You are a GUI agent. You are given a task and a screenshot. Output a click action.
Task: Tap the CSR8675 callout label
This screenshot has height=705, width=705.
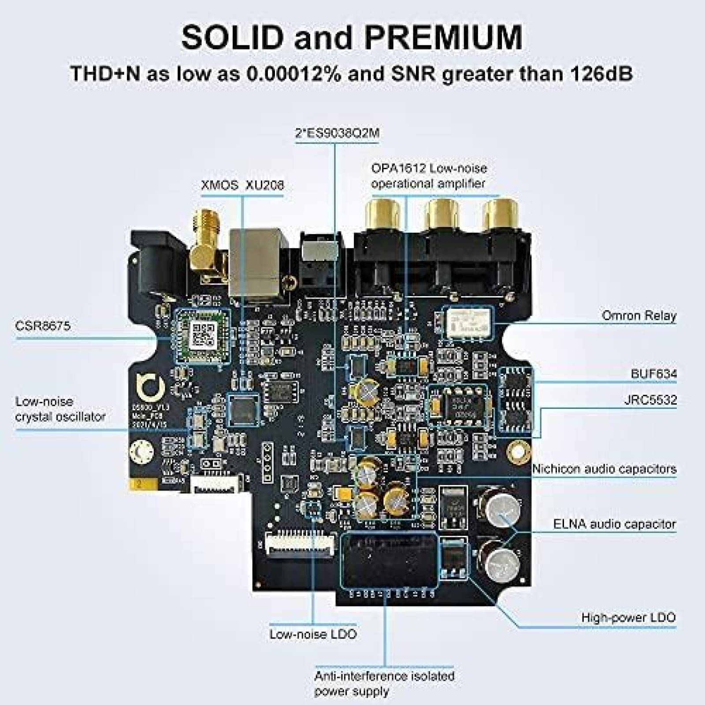(x=43, y=326)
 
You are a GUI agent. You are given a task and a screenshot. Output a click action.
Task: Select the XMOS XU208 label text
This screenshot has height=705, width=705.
(x=242, y=185)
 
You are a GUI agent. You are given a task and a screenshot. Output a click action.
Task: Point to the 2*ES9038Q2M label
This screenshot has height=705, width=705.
(x=337, y=133)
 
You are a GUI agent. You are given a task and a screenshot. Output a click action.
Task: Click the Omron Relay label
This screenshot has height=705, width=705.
(x=638, y=315)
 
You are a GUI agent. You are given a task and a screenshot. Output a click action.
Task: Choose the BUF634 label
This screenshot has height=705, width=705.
(x=653, y=374)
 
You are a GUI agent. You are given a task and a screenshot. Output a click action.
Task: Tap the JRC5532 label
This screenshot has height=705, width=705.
(x=650, y=400)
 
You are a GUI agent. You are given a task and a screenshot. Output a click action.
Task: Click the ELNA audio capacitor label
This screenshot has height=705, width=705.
(x=614, y=524)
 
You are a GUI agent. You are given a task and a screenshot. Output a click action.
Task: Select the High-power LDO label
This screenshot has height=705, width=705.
(x=628, y=617)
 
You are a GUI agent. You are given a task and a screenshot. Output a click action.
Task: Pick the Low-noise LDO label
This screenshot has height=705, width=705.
(x=313, y=634)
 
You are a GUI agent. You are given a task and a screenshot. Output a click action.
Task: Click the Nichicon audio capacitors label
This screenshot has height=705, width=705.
(x=604, y=469)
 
